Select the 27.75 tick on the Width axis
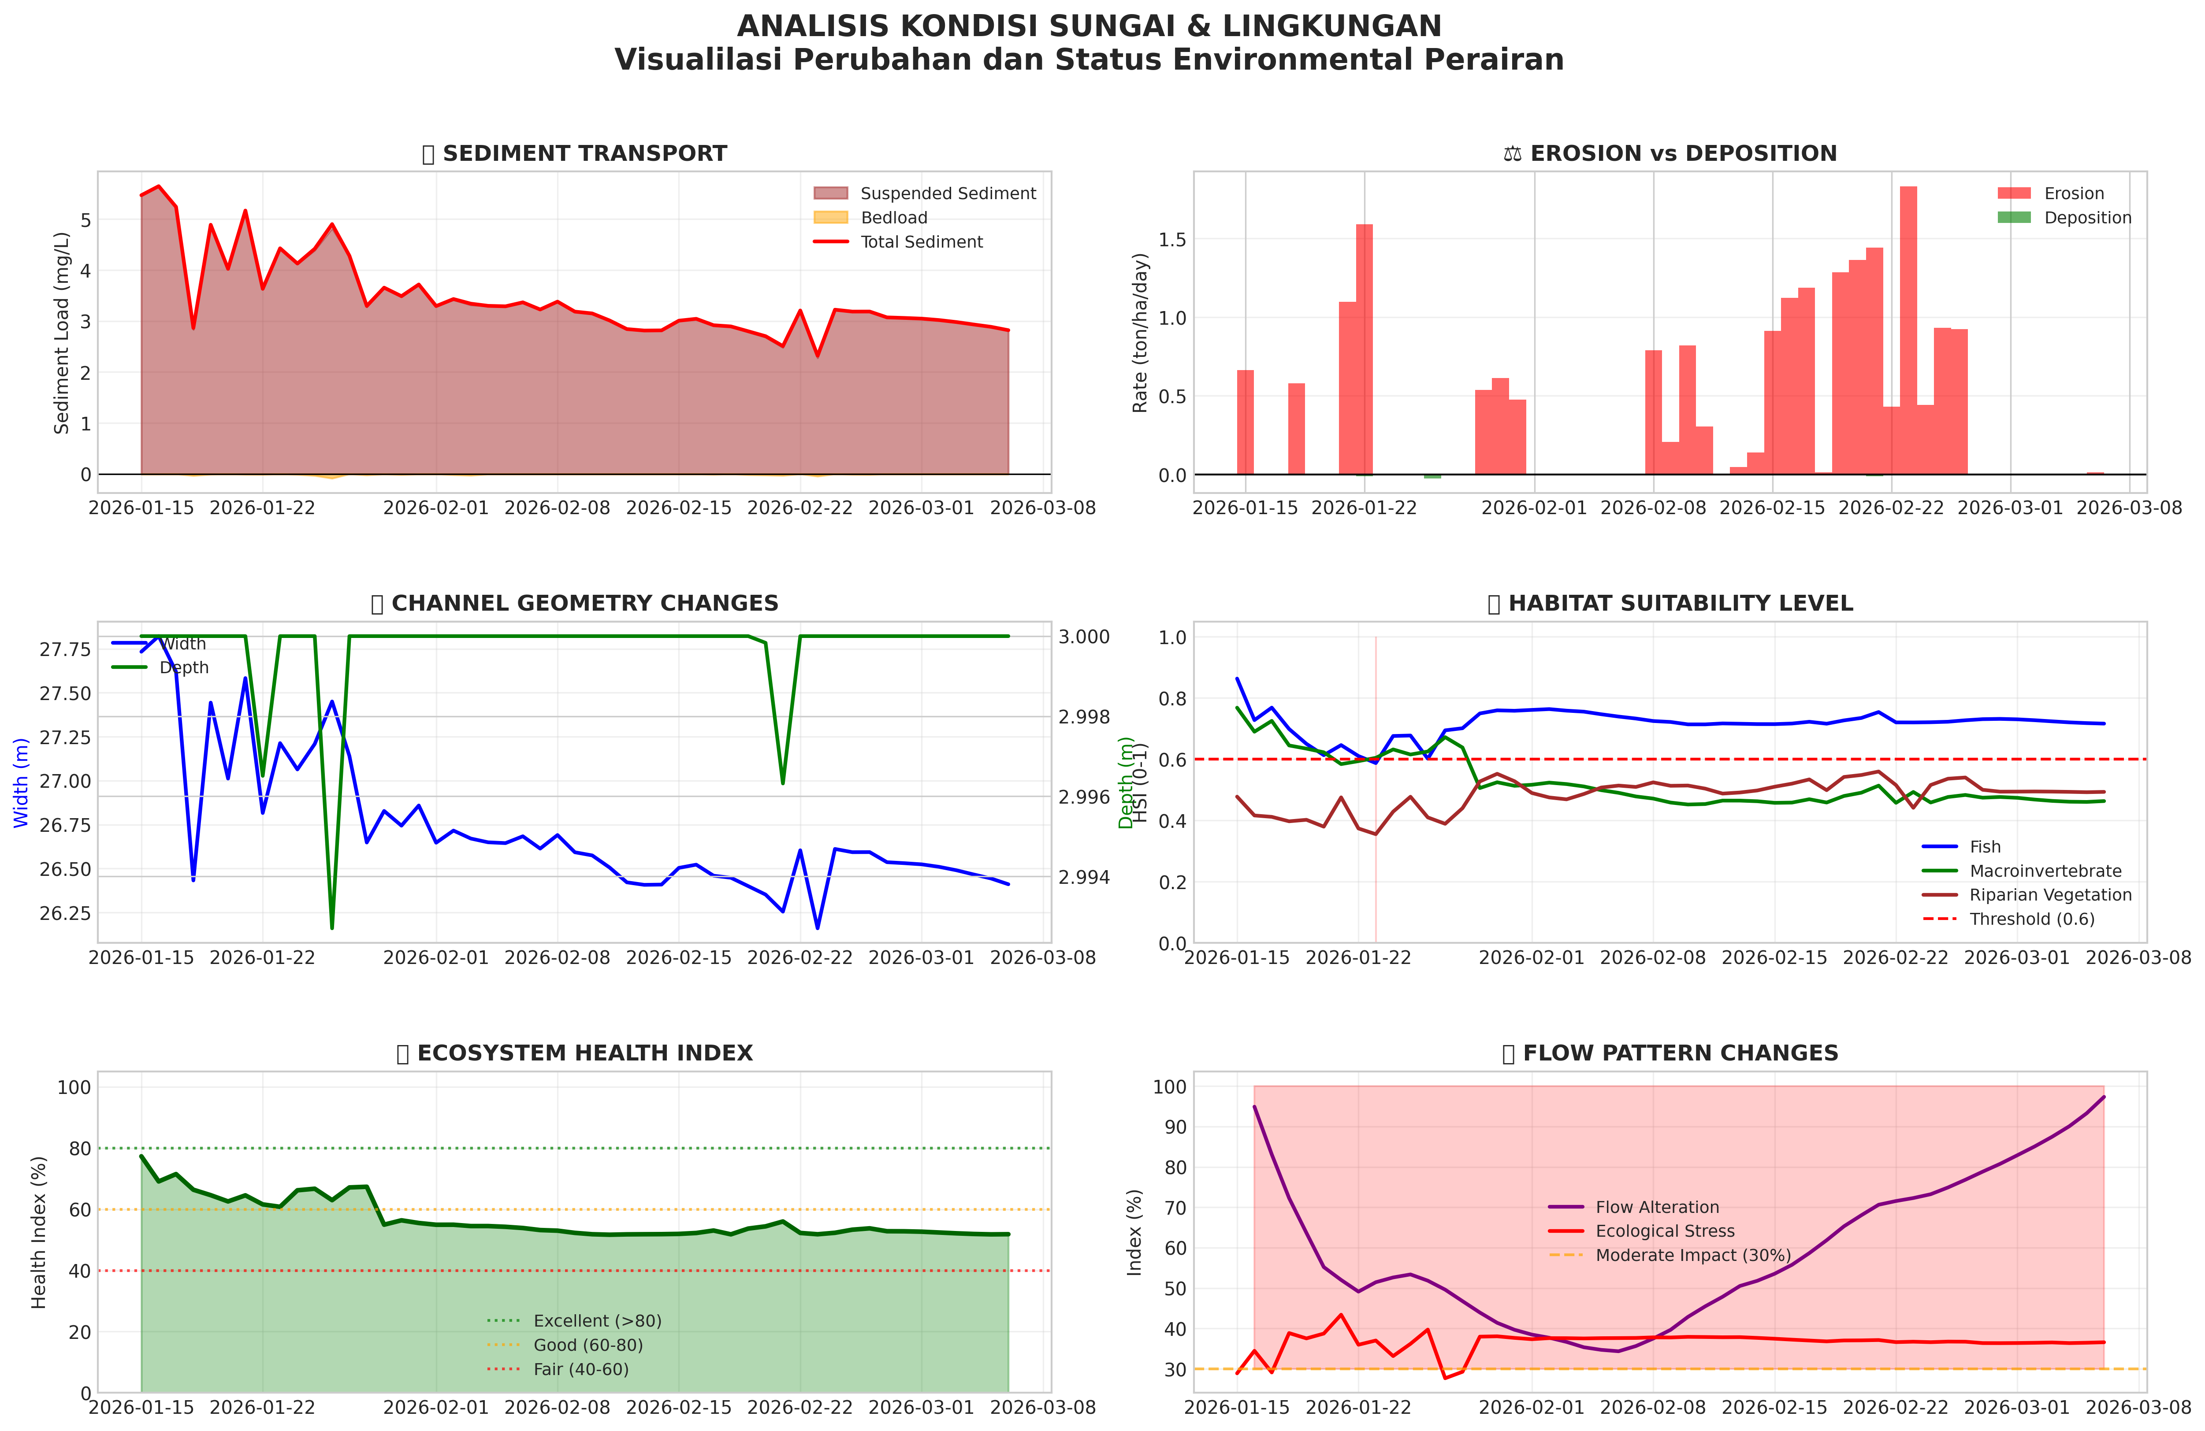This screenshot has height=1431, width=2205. [x=65, y=649]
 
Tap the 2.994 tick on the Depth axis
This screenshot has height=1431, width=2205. [x=1084, y=877]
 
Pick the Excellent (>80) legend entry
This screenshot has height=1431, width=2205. [x=597, y=1321]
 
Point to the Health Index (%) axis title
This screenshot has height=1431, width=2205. [x=39, y=1232]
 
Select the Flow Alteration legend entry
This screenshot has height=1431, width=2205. [x=1657, y=1207]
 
